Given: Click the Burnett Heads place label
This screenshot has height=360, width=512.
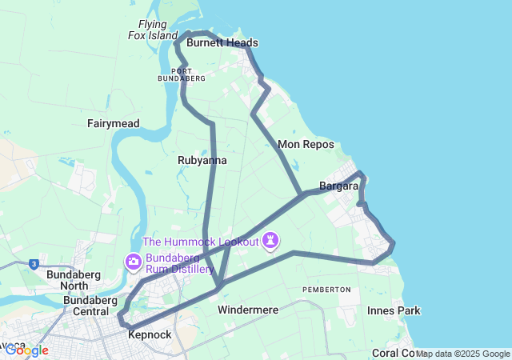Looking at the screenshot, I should tap(222, 43).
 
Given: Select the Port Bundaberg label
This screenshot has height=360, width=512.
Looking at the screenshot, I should tap(182, 74).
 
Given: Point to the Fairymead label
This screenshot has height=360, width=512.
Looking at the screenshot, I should tap(113, 123).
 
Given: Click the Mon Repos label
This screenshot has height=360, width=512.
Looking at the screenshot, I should tap(305, 144).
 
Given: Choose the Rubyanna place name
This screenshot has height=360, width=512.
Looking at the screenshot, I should tap(202, 160).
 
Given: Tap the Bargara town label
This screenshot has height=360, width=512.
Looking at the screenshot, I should tap(338, 186).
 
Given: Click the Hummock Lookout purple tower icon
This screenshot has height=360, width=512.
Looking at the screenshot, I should tap(272, 240).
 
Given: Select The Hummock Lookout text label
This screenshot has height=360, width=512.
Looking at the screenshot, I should tap(201, 242).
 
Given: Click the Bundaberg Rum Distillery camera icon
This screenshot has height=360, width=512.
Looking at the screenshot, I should tap(133, 261).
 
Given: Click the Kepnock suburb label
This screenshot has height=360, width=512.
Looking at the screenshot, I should tap(150, 334).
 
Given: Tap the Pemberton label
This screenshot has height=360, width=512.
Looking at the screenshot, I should tap(326, 289).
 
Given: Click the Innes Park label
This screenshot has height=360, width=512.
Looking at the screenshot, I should tap(394, 310).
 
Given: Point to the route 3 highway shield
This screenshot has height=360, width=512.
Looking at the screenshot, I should tap(33, 263).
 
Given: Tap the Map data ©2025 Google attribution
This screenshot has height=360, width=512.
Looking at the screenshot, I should tap(463, 354).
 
